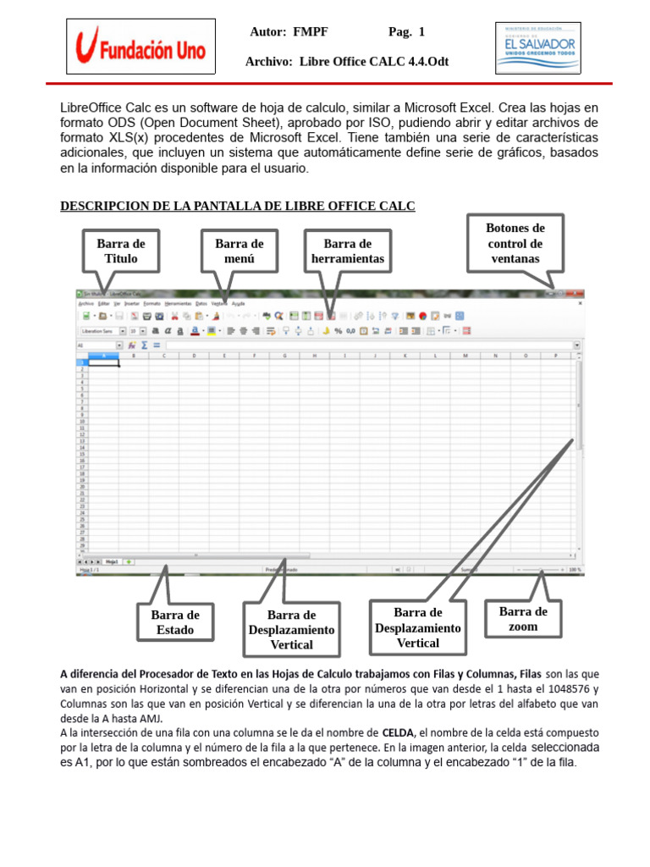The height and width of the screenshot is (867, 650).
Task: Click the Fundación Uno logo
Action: point(140,47)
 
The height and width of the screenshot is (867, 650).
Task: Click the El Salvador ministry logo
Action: point(538,47)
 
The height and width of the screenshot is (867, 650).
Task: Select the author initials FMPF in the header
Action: point(311,32)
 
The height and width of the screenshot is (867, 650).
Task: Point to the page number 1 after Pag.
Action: point(421,32)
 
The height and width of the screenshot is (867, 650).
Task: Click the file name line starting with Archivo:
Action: point(347,62)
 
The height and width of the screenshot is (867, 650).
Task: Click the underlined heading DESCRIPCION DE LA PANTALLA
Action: point(238,206)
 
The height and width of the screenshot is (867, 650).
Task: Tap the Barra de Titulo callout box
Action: point(121,251)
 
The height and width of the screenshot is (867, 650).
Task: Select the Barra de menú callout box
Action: point(240,251)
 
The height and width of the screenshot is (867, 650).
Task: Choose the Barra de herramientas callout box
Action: point(348,251)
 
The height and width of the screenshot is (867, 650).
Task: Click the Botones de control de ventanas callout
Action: point(515,243)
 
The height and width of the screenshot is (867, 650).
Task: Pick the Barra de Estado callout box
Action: point(175,622)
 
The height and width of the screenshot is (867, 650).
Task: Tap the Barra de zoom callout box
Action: point(523,619)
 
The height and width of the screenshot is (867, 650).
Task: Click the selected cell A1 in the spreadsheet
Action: point(103,362)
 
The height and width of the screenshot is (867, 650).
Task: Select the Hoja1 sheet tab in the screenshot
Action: point(112,561)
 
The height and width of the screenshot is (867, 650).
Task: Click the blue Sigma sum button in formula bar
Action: point(144,345)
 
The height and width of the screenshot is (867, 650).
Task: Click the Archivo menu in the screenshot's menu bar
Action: point(85,302)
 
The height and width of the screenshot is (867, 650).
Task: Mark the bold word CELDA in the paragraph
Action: point(398,732)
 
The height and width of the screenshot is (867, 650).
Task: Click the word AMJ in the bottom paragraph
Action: point(173,718)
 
